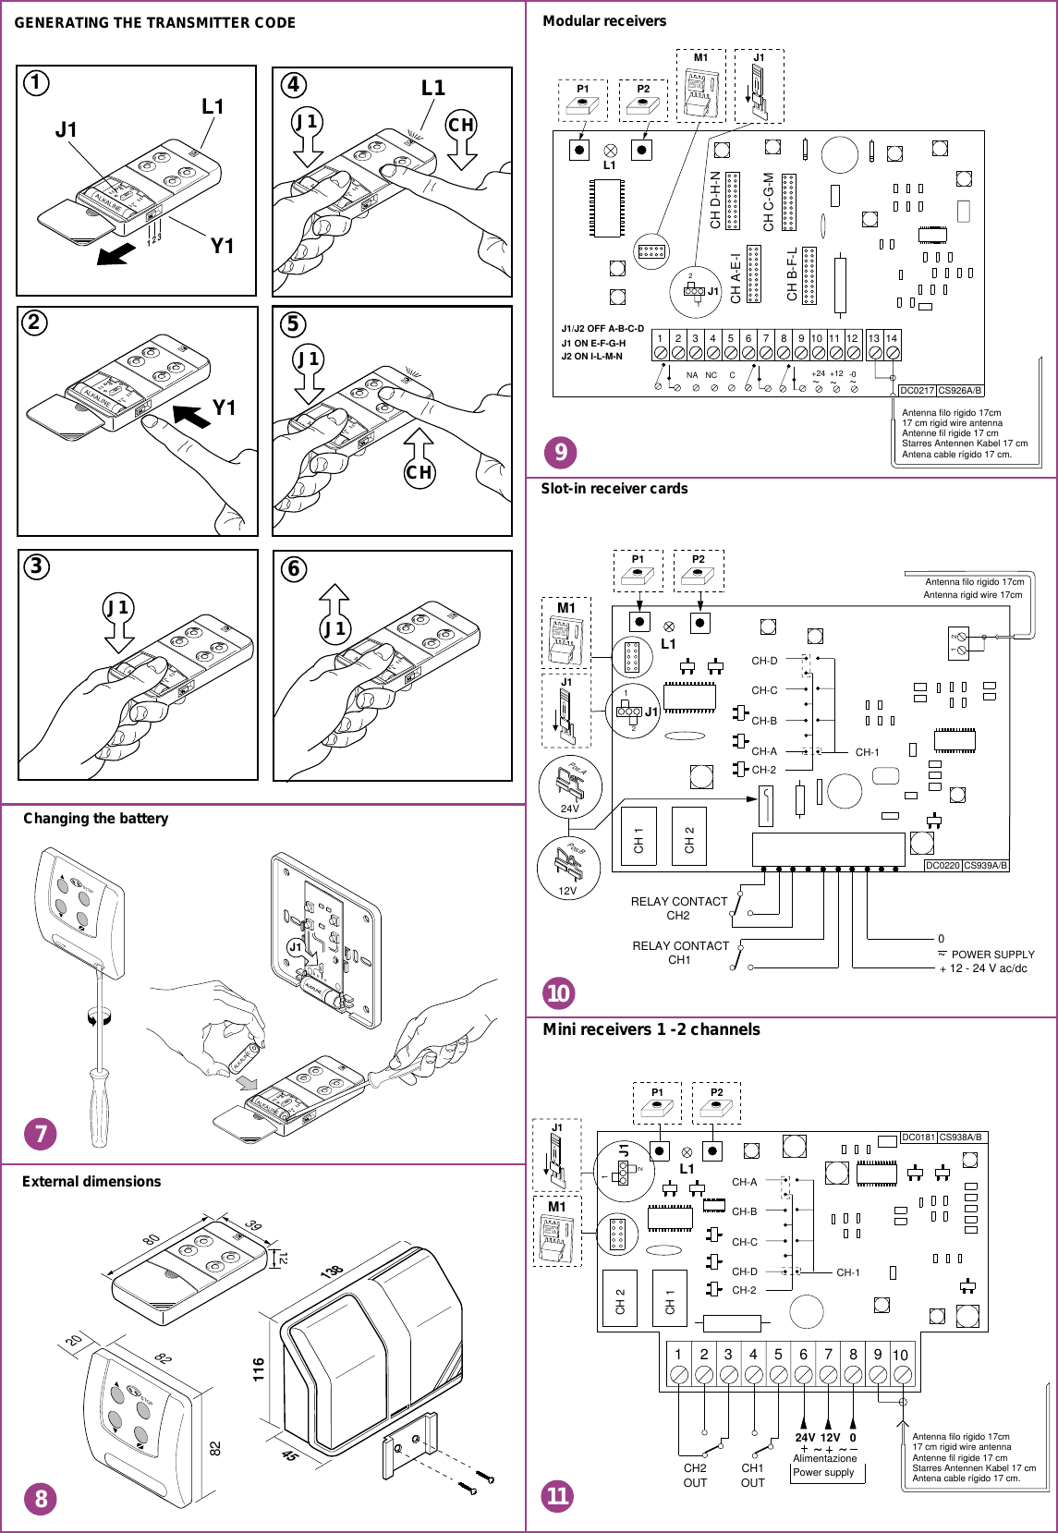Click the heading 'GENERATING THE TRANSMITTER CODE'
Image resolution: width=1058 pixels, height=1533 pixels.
(154, 22)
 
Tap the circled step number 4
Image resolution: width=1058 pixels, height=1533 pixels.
(293, 85)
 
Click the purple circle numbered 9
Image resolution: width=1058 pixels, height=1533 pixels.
(560, 452)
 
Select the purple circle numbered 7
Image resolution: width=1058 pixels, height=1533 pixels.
(41, 1133)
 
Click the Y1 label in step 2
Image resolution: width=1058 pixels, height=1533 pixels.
(225, 408)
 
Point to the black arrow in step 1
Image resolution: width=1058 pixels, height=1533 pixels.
(116, 253)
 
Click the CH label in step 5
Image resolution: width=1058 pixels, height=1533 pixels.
(419, 472)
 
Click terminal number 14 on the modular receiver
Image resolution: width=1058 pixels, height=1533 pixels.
(892, 338)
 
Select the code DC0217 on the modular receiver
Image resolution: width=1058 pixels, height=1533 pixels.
(917, 390)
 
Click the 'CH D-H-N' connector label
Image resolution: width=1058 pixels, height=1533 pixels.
(715, 200)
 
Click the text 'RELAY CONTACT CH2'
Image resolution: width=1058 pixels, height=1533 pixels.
(679, 908)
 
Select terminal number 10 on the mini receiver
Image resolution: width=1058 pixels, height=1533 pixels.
(900, 1355)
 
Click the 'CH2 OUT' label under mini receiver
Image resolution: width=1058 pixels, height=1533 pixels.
(695, 1475)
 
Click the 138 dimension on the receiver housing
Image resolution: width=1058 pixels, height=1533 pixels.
(332, 1272)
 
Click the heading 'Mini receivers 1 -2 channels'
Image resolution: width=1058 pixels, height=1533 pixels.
(651, 1029)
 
